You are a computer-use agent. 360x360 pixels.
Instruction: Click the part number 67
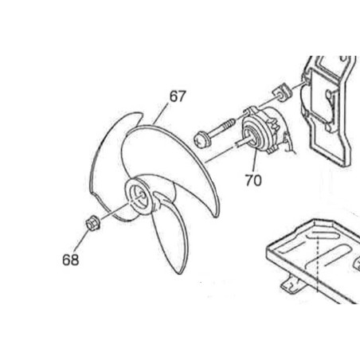click(178, 96)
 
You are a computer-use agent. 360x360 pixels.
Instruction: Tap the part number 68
click(71, 260)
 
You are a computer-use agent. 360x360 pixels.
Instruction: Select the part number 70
click(253, 180)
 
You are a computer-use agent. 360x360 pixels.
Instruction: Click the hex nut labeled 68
click(93, 223)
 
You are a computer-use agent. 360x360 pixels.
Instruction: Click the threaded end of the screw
click(229, 124)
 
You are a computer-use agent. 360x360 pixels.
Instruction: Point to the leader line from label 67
click(160, 114)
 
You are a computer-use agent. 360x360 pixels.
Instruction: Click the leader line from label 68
click(81, 241)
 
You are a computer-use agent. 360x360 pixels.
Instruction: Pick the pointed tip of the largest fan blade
click(217, 216)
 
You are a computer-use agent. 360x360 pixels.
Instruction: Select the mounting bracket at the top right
click(328, 112)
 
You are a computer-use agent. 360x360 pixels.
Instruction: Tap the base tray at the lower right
click(313, 261)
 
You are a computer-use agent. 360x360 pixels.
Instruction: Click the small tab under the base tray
click(292, 284)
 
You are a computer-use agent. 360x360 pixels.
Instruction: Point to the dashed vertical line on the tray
click(318, 263)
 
